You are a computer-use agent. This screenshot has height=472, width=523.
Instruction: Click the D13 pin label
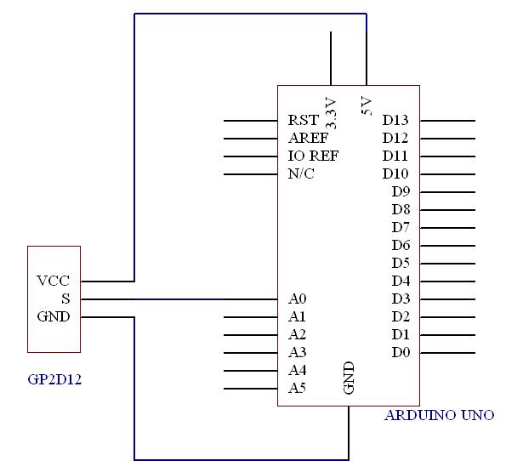point(395,120)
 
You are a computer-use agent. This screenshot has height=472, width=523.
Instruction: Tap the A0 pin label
point(297,299)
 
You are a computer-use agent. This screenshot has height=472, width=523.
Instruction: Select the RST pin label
point(304,120)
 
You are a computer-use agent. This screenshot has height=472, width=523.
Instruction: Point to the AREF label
point(308,138)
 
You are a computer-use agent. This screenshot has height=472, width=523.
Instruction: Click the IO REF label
point(313,156)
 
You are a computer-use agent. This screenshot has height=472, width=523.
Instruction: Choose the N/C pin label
point(301,173)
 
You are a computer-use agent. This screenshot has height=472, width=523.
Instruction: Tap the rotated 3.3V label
point(331,113)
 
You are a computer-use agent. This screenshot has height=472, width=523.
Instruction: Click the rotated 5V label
point(367,105)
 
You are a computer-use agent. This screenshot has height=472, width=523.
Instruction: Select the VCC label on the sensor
point(53,281)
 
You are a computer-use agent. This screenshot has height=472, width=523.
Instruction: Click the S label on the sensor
point(65,299)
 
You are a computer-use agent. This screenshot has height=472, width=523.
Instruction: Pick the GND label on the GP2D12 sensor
point(54,316)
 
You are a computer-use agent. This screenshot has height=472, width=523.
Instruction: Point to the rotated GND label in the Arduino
point(349,378)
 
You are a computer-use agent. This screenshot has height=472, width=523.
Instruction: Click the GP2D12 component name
point(54,379)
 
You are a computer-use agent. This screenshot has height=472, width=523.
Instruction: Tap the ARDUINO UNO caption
point(440,415)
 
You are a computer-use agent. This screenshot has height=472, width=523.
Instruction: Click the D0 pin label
point(401,353)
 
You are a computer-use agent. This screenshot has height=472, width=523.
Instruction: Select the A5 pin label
point(297,388)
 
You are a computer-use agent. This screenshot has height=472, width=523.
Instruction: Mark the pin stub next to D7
point(447,228)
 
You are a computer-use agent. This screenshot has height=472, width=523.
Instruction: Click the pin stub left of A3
point(251,353)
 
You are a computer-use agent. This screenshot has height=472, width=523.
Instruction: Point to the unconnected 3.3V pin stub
point(331,59)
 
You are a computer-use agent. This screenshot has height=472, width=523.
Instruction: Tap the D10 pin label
point(395,173)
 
